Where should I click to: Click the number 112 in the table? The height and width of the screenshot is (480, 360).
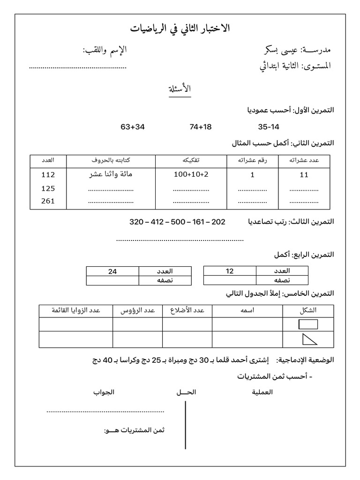pyautogui.click(x=48, y=175)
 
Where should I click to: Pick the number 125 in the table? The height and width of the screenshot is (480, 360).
pyautogui.click(x=48, y=188)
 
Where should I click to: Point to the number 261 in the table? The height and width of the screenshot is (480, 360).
pyautogui.click(x=48, y=201)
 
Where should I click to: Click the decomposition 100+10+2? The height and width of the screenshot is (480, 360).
pyautogui.click(x=191, y=175)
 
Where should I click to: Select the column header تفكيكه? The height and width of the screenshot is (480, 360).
pyautogui.click(x=191, y=160)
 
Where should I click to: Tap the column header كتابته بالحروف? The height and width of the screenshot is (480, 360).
pyautogui.click(x=111, y=160)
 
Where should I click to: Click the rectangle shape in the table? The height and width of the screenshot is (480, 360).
pyautogui.click(x=308, y=324)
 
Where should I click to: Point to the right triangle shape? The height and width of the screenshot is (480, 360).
pyautogui.click(x=308, y=339)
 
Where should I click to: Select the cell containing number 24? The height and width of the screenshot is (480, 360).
pyautogui.click(x=112, y=271)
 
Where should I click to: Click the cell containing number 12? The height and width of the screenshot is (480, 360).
pyautogui.click(x=230, y=271)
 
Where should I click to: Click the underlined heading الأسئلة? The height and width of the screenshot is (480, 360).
pyautogui.click(x=180, y=89)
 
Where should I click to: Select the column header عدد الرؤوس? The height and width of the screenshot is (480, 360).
pyautogui.click(x=137, y=310)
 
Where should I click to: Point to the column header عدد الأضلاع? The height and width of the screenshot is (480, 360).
pyautogui.click(x=187, y=310)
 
